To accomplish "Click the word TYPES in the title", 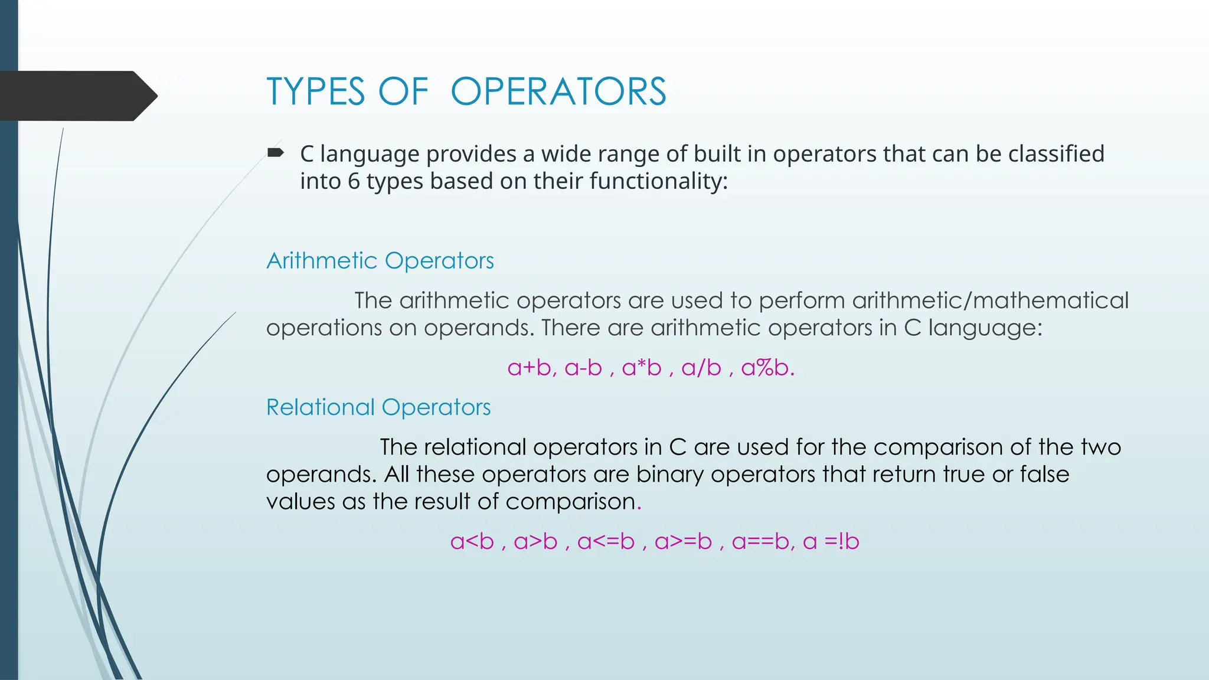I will [316, 92].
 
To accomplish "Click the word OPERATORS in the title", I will [558, 92].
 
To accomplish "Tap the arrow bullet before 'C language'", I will [275, 153].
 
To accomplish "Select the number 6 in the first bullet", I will [354, 181].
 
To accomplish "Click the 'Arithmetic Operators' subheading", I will [380, 261].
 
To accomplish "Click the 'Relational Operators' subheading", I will [378, 407].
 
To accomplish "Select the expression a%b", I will [765, 368].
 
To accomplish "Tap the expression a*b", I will [642, 368].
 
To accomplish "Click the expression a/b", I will [701, 368].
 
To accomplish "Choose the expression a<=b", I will [606, 542].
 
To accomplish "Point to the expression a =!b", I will [831, 542].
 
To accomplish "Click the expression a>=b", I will [683, 542].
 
